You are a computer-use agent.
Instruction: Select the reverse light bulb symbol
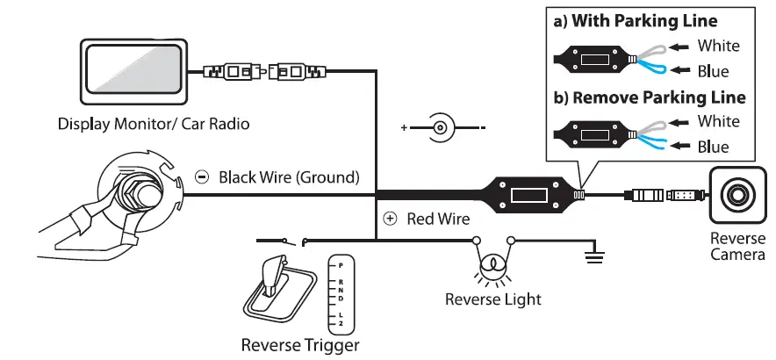click(x=492, y=263)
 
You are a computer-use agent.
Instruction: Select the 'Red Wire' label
click(x=438, y=218)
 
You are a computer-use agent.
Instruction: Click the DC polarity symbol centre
click(x=442, y=128)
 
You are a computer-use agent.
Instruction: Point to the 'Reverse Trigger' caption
click(x=300, y=345)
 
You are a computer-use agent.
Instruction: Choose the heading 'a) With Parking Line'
click(x=647, y=21)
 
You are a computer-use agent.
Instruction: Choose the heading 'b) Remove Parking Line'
click(x=650, y=97)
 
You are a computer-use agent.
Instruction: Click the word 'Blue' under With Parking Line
click(x=713, y=72)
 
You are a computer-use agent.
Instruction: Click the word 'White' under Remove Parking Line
click(x=718, y=121)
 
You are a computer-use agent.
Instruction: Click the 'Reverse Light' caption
click(x=492, y=299)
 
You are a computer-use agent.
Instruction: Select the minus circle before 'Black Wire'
click(x=202, y=177)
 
